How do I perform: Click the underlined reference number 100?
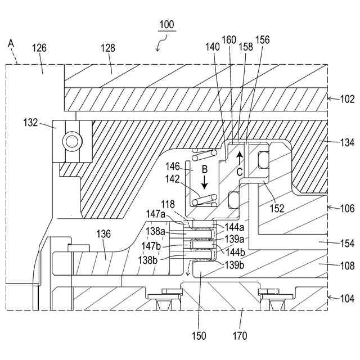coord(166,25)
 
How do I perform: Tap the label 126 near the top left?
coord(39,48)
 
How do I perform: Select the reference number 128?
coord(108,48)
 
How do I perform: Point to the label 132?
coord(30,123)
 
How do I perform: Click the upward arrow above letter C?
coord(240,158)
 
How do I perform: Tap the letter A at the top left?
coord(11,43)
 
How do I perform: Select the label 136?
coord(103,234)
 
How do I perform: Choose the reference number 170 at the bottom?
coord(240,336)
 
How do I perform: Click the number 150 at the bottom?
coord(199,336)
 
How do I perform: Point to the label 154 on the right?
coord(348,244)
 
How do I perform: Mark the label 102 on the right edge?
coord(348,99)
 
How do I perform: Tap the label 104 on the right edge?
coord(348,299)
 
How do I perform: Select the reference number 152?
coord(277,208)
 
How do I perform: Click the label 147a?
coord(156,214)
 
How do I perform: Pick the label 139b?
coord(234,265)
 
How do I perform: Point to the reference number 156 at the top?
coord(263,40)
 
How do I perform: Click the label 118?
coord(168,204)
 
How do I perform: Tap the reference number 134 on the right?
coord(348,142)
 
